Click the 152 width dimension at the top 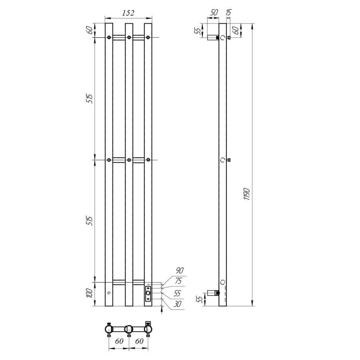click(128, 13)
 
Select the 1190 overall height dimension click(247, 194)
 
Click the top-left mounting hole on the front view click(109, 38)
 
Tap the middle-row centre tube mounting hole click(129, 160)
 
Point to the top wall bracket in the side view click(212, 38)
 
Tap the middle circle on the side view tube click(223, 160)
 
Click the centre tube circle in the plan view click(129, 329)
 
